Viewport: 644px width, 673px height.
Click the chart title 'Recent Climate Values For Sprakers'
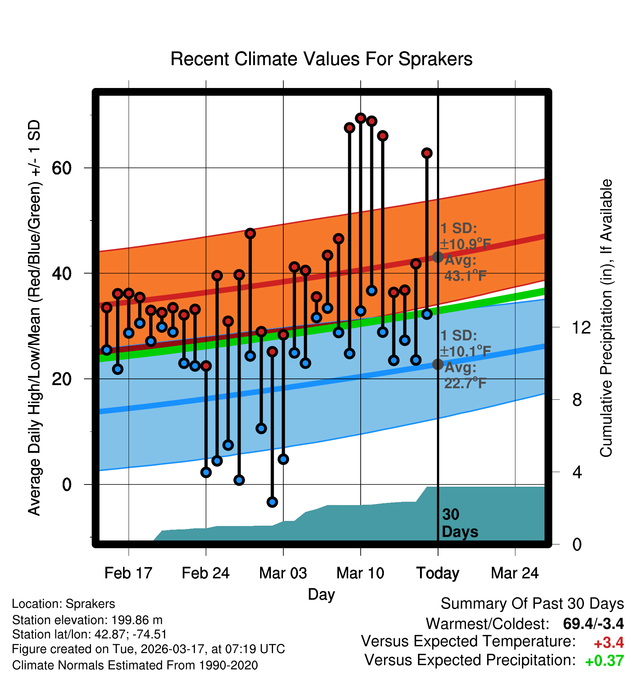pyautogui.click(x=321, y=59)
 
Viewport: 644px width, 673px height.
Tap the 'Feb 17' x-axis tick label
pyautogui.click(x=128, y=573)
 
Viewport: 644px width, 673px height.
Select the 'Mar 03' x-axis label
pyautogui.click(x=283, y=573)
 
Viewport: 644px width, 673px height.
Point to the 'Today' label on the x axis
pyautogui.click(x=438, y=573)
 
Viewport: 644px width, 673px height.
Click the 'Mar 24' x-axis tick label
pyautogui.click(x=515, y=573)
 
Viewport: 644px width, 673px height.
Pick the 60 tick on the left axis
pyautogui.click(x=62, y=168)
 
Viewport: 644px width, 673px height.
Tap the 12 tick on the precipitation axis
pyautogui.click(x=581, y=327)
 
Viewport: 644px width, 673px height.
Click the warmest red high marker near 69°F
pyautogui.click(x=360, y=118)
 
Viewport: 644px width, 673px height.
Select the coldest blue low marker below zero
pyautogui.click(x=272, y=502)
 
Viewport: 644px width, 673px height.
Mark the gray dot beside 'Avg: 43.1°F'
pyautogui.click(x=438, y=257)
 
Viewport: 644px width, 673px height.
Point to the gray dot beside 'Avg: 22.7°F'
pyautogui.click(x=438, y=364)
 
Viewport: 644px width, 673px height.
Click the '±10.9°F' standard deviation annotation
pyautogui.click(x=466, y=244)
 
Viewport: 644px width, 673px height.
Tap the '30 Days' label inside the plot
pyautogui.click(x=459, y=523)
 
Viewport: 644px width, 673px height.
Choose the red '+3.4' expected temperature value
pyautogui.click(x=609, y=643)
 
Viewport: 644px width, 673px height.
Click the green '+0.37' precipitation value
pyautogui.click(x=605, y=661)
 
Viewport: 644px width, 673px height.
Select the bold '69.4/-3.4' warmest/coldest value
pyautogui.click(x=593, y=624)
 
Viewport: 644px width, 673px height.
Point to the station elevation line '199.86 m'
pyautogui.click(x=87, y=620)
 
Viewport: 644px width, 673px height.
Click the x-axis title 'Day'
pyautogui.click(x=321, y=594)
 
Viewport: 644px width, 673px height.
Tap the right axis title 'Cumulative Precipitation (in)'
pyautogui.click(x=606, y=318)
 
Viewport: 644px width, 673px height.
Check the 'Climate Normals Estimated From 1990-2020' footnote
pyautogui.click(x=135, y=665)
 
